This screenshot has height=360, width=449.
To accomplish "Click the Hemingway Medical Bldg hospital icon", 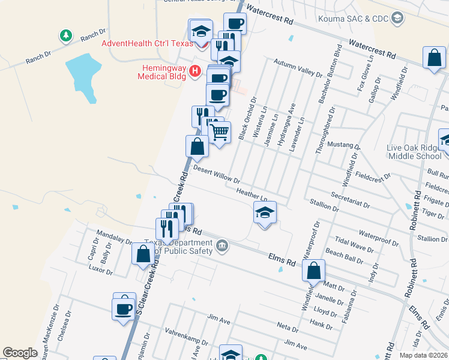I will pyautogui.click(x=194, y=71).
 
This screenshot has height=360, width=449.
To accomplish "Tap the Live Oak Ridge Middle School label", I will pyautogui.click(x=415, y=152).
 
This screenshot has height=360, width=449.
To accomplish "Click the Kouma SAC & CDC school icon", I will pyautogui.click(x=397, y=19).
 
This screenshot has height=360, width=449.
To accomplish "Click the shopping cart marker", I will pyautogui.click(x=220, y=132).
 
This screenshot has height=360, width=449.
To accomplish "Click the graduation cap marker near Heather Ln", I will pyautogui.click(x=265, y=213).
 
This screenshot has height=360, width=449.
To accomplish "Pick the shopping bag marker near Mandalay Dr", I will pyautogui.click(x=143, y=254).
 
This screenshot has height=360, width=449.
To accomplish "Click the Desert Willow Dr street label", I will pyautogui.click(x=216, y=175).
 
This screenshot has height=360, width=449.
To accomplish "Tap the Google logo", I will pyautogui.click(x=20, y=353).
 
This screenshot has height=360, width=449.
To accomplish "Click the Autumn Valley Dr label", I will pyautogui.click(x=298, y=67).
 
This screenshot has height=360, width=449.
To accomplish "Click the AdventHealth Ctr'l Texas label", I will pyautogui.click(x=147, y=43).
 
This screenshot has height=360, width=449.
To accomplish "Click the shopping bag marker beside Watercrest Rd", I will pyautogui.click(x=434, y=58).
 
